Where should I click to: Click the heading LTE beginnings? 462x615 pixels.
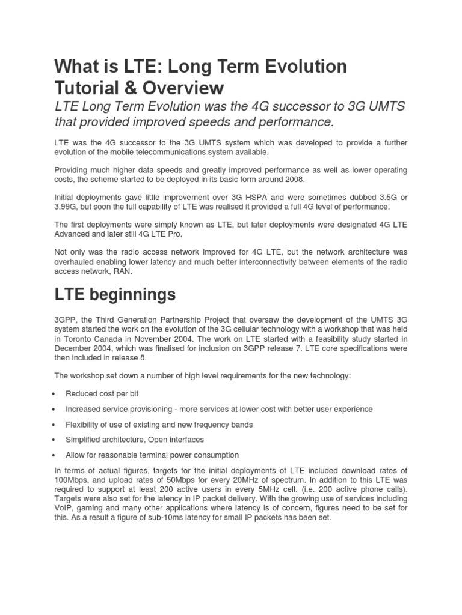click(x=115, y=295)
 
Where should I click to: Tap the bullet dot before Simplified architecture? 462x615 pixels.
click(x=55, y=440)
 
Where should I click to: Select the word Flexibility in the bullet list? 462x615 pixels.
click(x=84, y=425)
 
